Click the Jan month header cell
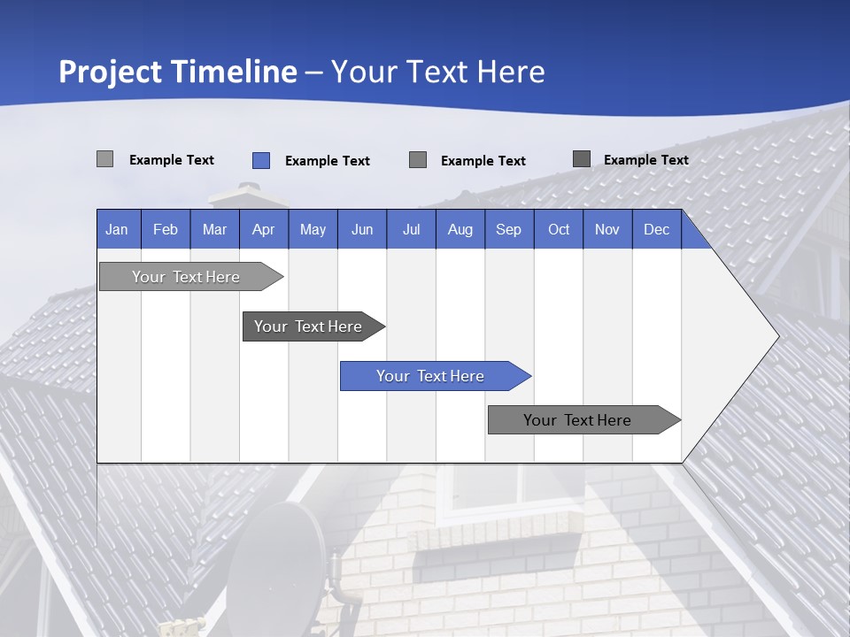[x=118, y=229]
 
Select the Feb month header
[x=166, y=229]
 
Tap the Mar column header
[x=214, y=229]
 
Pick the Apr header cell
[x=264, y=229]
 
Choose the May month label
[x=313, y=229]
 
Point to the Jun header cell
[x=362, y=229]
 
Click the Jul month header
[x=411, y=229]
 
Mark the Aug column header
[x=460, y=229]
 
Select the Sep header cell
[x=509, y=229]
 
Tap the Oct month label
[x=559, y=229]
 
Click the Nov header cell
[x=607, y=229]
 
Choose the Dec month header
[x=657, y=229]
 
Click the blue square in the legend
[x=261, y=160]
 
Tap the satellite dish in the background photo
[x=276, y=553]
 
